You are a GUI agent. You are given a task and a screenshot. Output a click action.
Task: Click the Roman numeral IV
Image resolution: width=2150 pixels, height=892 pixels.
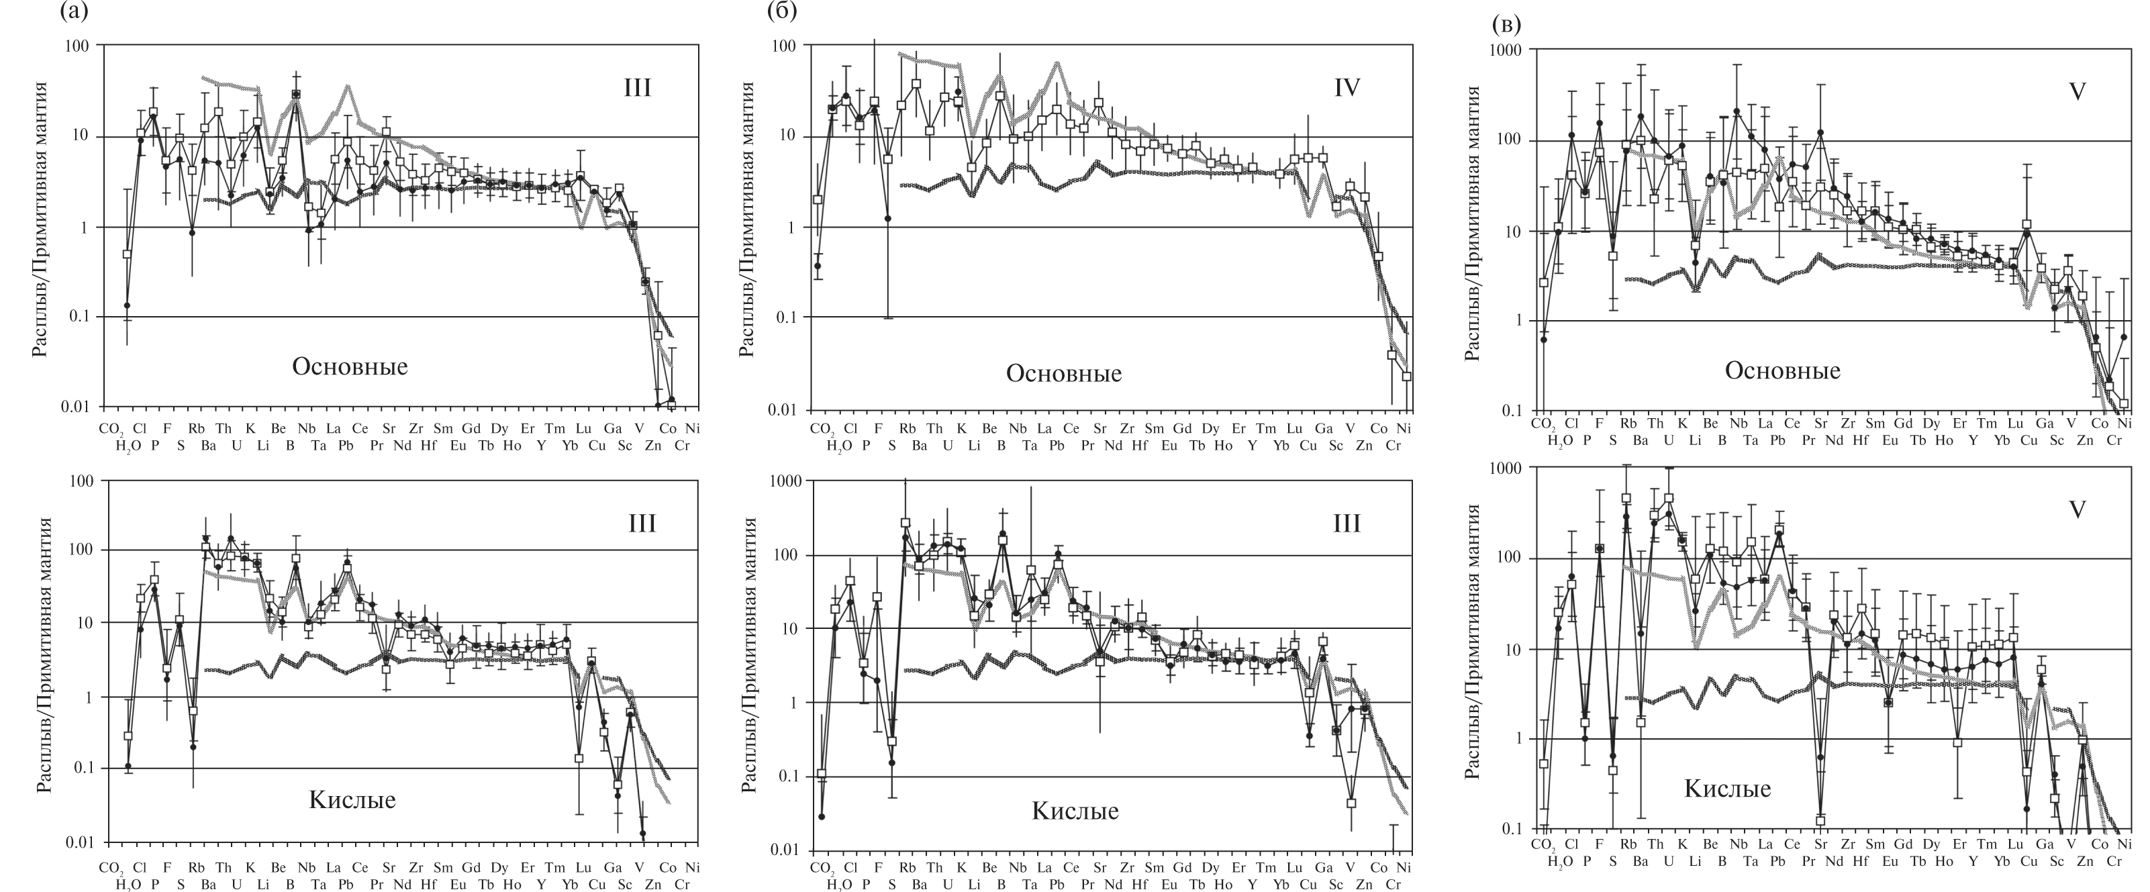tap(1347, 111)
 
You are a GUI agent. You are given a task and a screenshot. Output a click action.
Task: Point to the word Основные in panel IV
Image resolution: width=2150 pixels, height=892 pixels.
tap(1063, 373)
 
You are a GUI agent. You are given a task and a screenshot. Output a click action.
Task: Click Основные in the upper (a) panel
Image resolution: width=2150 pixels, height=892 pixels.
tap(350, 366)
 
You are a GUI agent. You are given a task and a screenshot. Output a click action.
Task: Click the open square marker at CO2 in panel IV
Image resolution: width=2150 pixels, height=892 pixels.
tap(818, 199)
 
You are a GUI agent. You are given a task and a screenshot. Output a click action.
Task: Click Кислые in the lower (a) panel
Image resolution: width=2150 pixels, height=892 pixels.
tap(352, 800)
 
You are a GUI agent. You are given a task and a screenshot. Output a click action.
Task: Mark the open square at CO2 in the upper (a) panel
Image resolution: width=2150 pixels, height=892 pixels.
tap(128, 254)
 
